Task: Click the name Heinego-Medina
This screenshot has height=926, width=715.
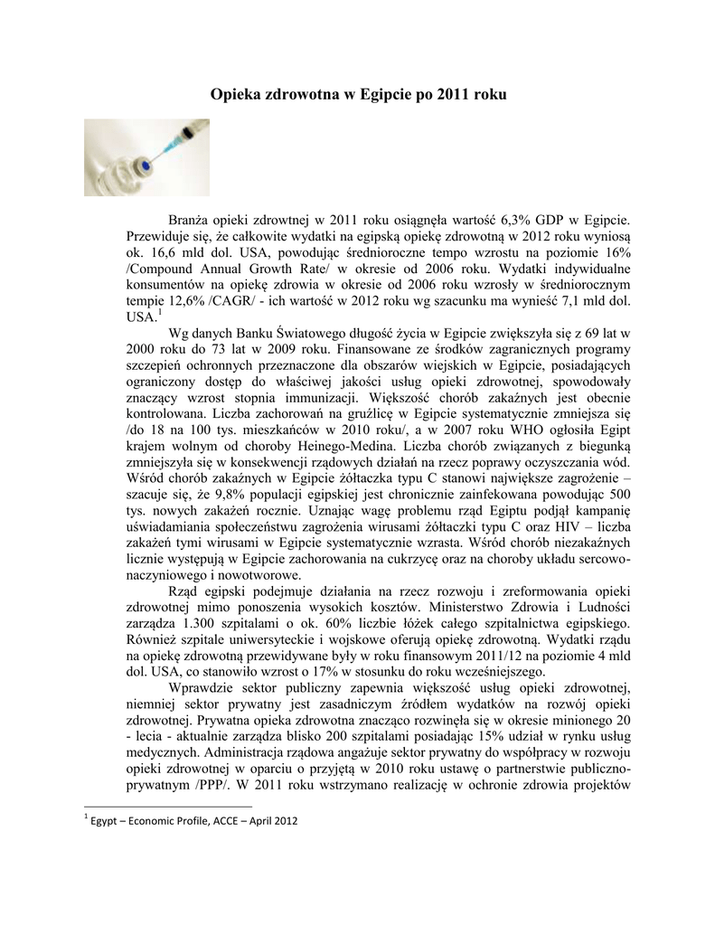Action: coord(352,448)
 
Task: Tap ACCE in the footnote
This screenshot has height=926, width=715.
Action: coord(209,821)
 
